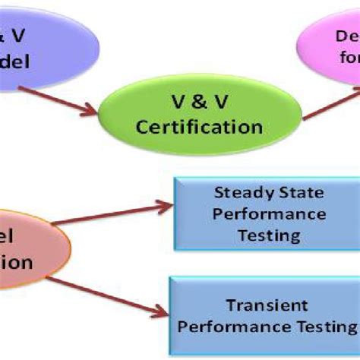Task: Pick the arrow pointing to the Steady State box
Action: coord(114,213)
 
